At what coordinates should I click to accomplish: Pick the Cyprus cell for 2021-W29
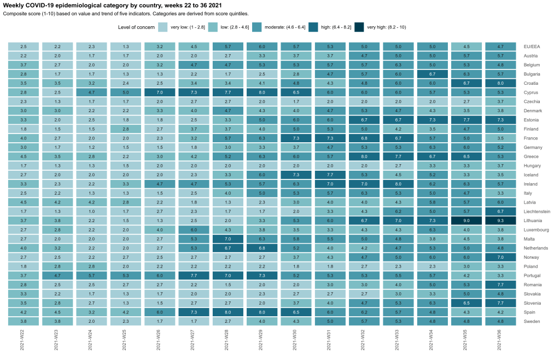[x=262, y=92]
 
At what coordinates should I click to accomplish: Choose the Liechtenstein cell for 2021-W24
[x=91, y=211]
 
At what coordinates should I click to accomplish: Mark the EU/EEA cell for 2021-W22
[x=23, y=47]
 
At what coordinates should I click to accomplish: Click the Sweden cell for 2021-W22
[x=23, y=321]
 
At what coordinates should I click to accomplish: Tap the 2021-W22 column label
[x=23, y=342]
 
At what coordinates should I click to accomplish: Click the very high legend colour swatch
[x=359, y=27]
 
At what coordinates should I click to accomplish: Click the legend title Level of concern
[x=136, y=27]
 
